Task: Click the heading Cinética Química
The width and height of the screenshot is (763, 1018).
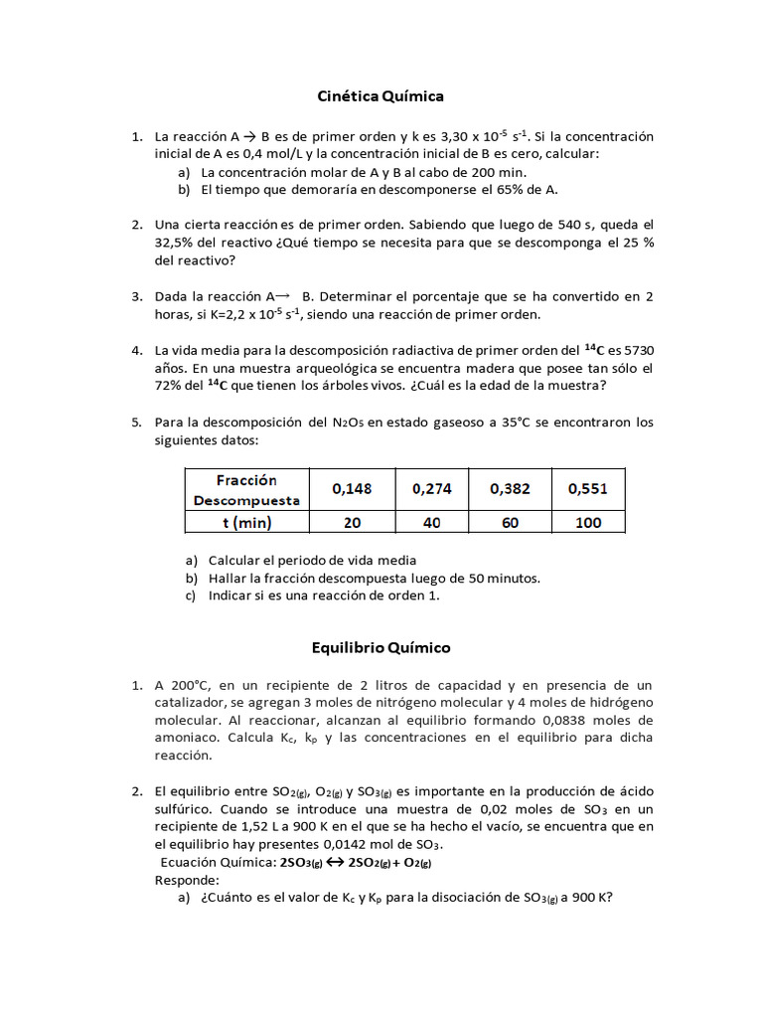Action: click(x=381, y=96)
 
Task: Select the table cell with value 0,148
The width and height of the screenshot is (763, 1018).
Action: click(x=353, y=488)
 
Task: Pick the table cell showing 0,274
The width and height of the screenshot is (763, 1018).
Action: click(x=432, y=488)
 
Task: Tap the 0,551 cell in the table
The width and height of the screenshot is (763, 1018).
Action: click(x=587, y=488)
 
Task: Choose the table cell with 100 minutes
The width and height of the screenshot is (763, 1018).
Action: click(x=587, y=522)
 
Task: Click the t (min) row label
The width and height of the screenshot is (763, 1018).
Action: click(x=247, y=522)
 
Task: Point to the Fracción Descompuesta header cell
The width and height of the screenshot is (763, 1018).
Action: click(x=247, y=489)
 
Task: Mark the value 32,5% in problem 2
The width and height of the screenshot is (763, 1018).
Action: click(x=177, y=243)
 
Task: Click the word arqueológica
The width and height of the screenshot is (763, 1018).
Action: click(x=287, y=368)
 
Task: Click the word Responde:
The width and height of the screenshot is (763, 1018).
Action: click(x=187, y=880)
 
